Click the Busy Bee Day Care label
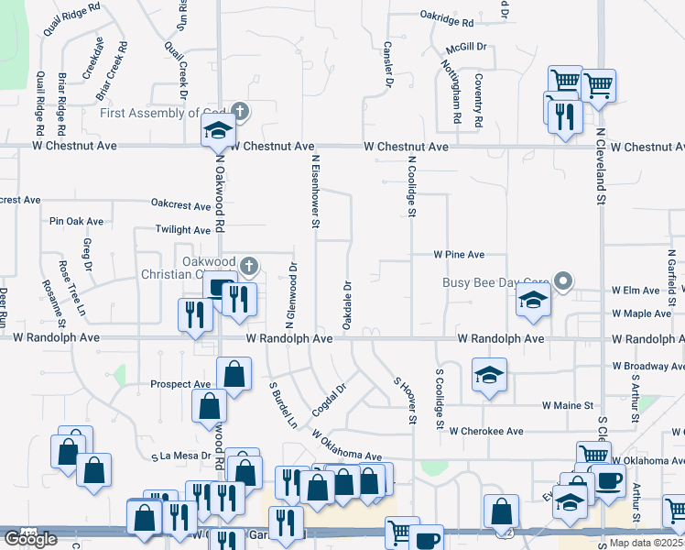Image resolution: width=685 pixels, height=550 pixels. [x=495, y=282]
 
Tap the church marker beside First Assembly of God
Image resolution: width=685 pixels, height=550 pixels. [x=240, y=112]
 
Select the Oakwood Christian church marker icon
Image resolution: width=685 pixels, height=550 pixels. [x=249, y=267]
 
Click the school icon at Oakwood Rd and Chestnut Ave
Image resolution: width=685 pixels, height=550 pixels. [x=218, y=131]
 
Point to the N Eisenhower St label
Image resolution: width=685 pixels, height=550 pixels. [x=315, y=190]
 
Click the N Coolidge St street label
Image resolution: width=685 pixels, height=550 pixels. [x=412, y=186]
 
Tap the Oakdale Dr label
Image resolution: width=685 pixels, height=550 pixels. [x=347, y=306]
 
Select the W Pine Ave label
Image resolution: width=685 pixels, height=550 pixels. [x=459, y=254]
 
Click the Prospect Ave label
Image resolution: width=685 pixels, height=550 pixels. [x=180, y=384]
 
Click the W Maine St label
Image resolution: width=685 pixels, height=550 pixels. [x=568, y=404]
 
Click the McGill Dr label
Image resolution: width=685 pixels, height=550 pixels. [x=466, y=46]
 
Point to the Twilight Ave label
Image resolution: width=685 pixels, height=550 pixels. [x=183, y=230]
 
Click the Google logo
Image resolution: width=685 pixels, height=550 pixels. [x=30, y=538]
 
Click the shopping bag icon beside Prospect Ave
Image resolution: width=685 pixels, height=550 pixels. [x=234, y=374]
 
